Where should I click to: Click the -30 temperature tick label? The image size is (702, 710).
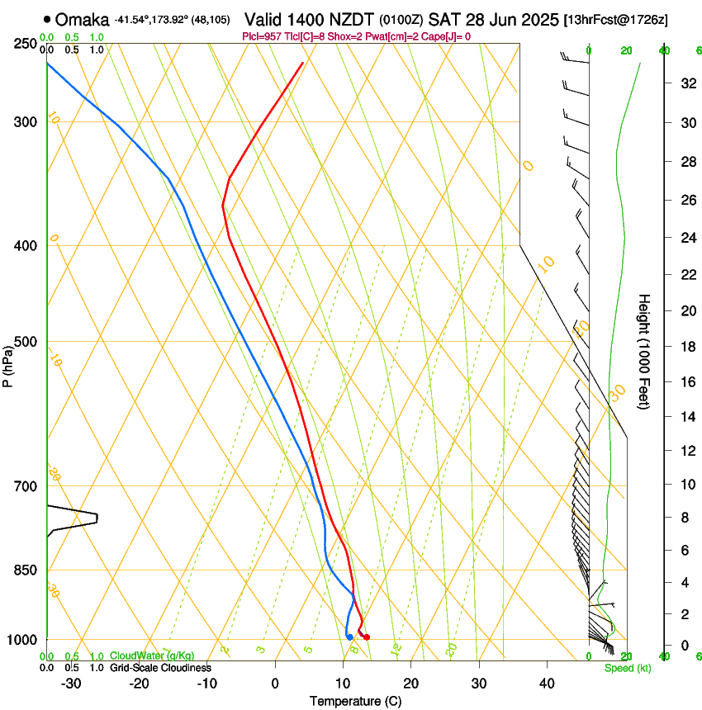click(x=71, y=684)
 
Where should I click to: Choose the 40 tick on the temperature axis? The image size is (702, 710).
click(x=547, y=684)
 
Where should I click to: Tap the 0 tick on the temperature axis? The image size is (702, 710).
click(x=275, y=684)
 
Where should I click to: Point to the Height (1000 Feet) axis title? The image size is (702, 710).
click(x=644, y=352)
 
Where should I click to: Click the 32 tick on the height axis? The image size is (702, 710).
click(x=685, y=83)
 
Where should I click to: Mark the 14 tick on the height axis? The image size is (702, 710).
click(x=685, y=417)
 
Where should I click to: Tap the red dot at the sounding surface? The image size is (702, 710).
click(x=366, y=637)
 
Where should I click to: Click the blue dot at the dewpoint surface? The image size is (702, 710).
click(x=350, y=637)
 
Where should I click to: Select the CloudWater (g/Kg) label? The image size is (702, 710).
click(x=147, y=656)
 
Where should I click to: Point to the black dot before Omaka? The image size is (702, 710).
click(x=47, y=19)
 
